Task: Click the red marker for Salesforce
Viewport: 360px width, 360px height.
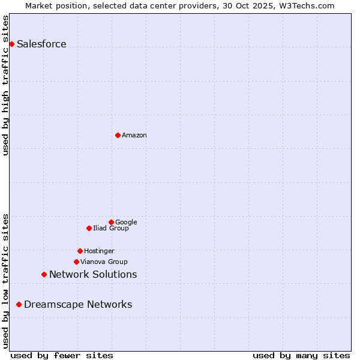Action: click(x=11, y=44)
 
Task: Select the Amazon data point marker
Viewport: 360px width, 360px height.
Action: click(x=118, y=135)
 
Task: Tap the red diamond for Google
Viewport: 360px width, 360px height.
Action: click(x=111, y=222)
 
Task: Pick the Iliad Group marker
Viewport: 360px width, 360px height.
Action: click(x=89, y=228)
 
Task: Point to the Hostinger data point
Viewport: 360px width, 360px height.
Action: click(x=80, y=251)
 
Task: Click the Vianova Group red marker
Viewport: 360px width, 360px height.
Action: click(x=76, y=262)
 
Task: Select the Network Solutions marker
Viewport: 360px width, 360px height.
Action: click(x=44, y=274)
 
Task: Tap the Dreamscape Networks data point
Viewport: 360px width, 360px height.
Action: click(x=19, y=304)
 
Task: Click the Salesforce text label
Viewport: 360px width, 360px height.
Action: click(x=41, y=44)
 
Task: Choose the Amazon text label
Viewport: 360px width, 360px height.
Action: click(x=134, y=135)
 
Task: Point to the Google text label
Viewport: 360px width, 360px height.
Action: click(x=126, y=222)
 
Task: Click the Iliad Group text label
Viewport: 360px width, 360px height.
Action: click(x=110, y=228)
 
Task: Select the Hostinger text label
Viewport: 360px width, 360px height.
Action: click(x=99, y=251)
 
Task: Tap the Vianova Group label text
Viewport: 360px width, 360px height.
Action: click(x=104, y=262)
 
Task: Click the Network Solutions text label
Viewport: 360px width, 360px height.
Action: click(x=93, y=274)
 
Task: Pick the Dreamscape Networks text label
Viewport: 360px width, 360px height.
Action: click(x=78, y=304)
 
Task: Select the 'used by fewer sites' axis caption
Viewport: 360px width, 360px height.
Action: click(x=62, y=355)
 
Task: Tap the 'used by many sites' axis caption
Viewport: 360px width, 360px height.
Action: click(x=301, y=355)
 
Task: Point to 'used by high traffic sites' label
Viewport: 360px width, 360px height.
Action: click(x=5, y=85)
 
